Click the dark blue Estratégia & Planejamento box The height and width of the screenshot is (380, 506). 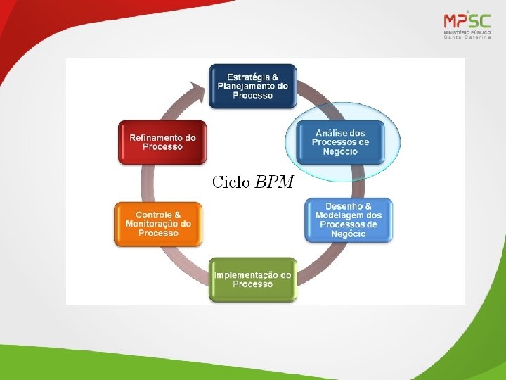point(253,86)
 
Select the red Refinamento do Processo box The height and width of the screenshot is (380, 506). point(162,143)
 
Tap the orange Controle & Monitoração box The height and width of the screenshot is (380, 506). point(158,224)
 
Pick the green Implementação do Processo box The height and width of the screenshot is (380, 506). point(253,279)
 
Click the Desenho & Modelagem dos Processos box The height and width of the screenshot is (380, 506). point(349,220)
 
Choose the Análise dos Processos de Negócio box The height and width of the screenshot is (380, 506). point(341,142)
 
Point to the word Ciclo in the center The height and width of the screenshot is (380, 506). point(231,183)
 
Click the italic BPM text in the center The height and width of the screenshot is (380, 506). point(275,183)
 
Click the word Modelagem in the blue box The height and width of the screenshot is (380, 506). point(342,215)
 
